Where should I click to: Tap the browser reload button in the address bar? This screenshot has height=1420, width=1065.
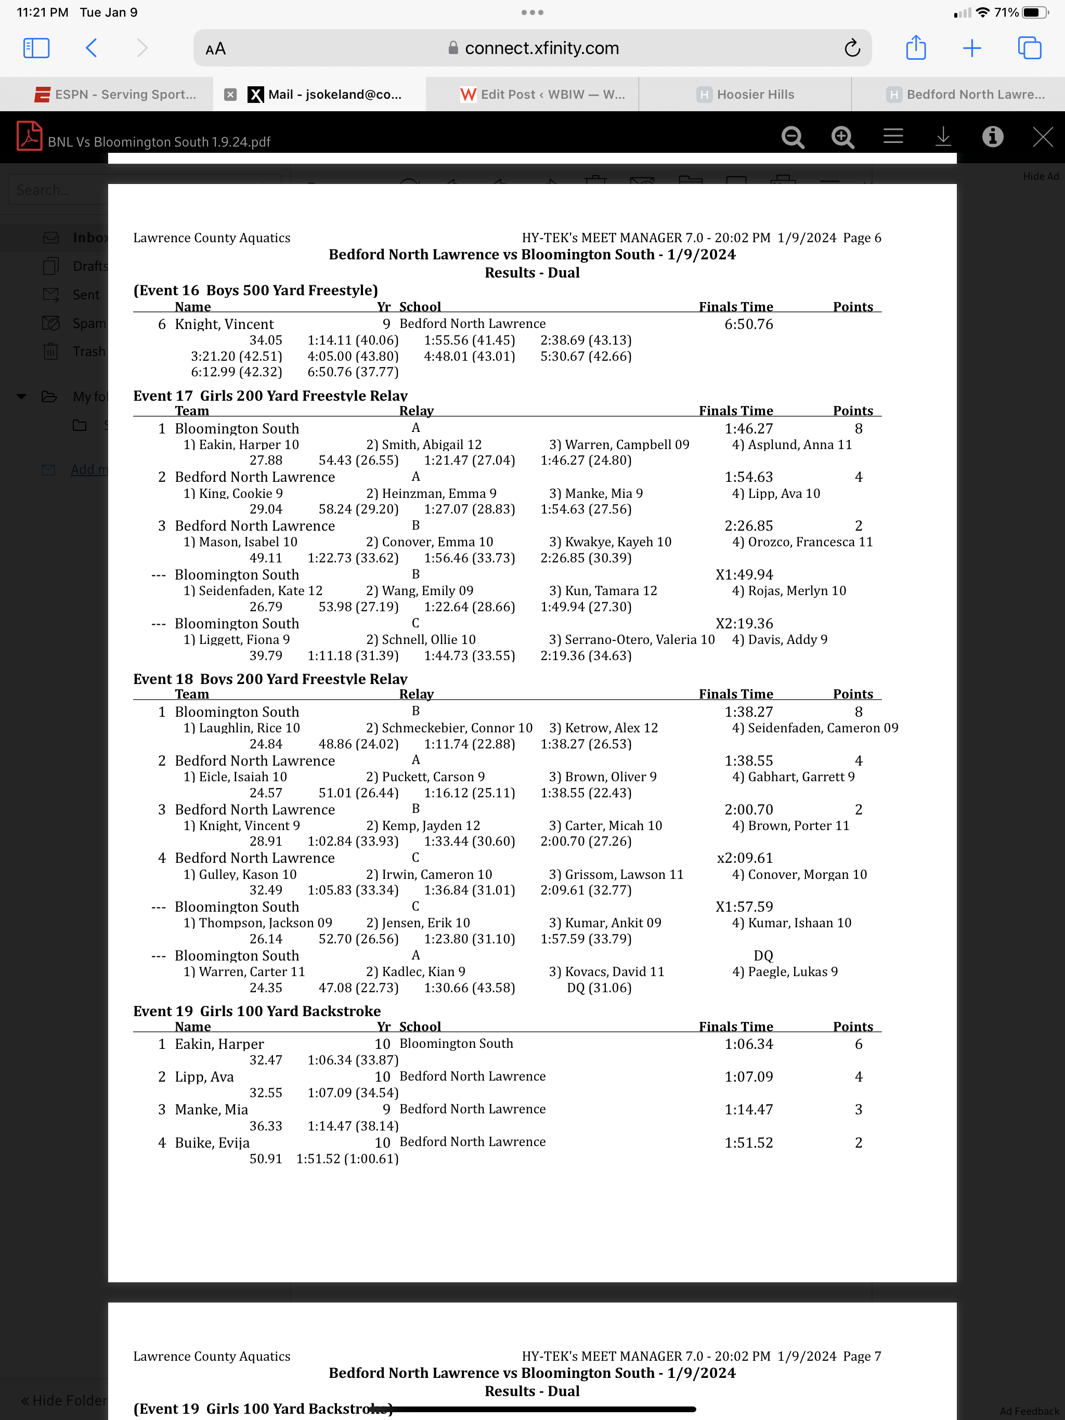pos(852,48)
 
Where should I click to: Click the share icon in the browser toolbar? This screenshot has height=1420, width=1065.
pos(915,48)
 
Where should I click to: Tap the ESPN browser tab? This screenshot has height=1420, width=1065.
pos(115,95)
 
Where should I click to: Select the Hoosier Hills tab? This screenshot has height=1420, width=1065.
pos(745,95)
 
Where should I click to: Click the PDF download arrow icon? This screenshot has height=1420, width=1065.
pos(942,137)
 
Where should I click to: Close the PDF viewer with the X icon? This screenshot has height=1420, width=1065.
pos(1042,137)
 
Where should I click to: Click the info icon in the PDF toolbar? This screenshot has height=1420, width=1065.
pos(992,137)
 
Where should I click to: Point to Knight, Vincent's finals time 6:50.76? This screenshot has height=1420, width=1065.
pos(748,324)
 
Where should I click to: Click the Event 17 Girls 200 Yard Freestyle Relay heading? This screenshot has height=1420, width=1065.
pos(270,396)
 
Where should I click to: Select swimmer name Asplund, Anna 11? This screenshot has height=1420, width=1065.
pos(792,444)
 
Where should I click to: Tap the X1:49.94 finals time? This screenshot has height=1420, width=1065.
pos(745,574)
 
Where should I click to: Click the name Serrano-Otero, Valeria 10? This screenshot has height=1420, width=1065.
pos(631,639)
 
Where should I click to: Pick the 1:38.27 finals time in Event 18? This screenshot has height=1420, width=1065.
pos(748,712)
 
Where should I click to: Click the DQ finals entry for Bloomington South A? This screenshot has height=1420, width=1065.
pos(763,955)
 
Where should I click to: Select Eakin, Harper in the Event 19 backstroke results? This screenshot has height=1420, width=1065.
pos(219,1044)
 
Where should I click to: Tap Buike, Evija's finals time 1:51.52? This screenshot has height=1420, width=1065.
pos(748,1142)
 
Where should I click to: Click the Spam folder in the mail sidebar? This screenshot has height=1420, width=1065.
pos(88,323)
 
